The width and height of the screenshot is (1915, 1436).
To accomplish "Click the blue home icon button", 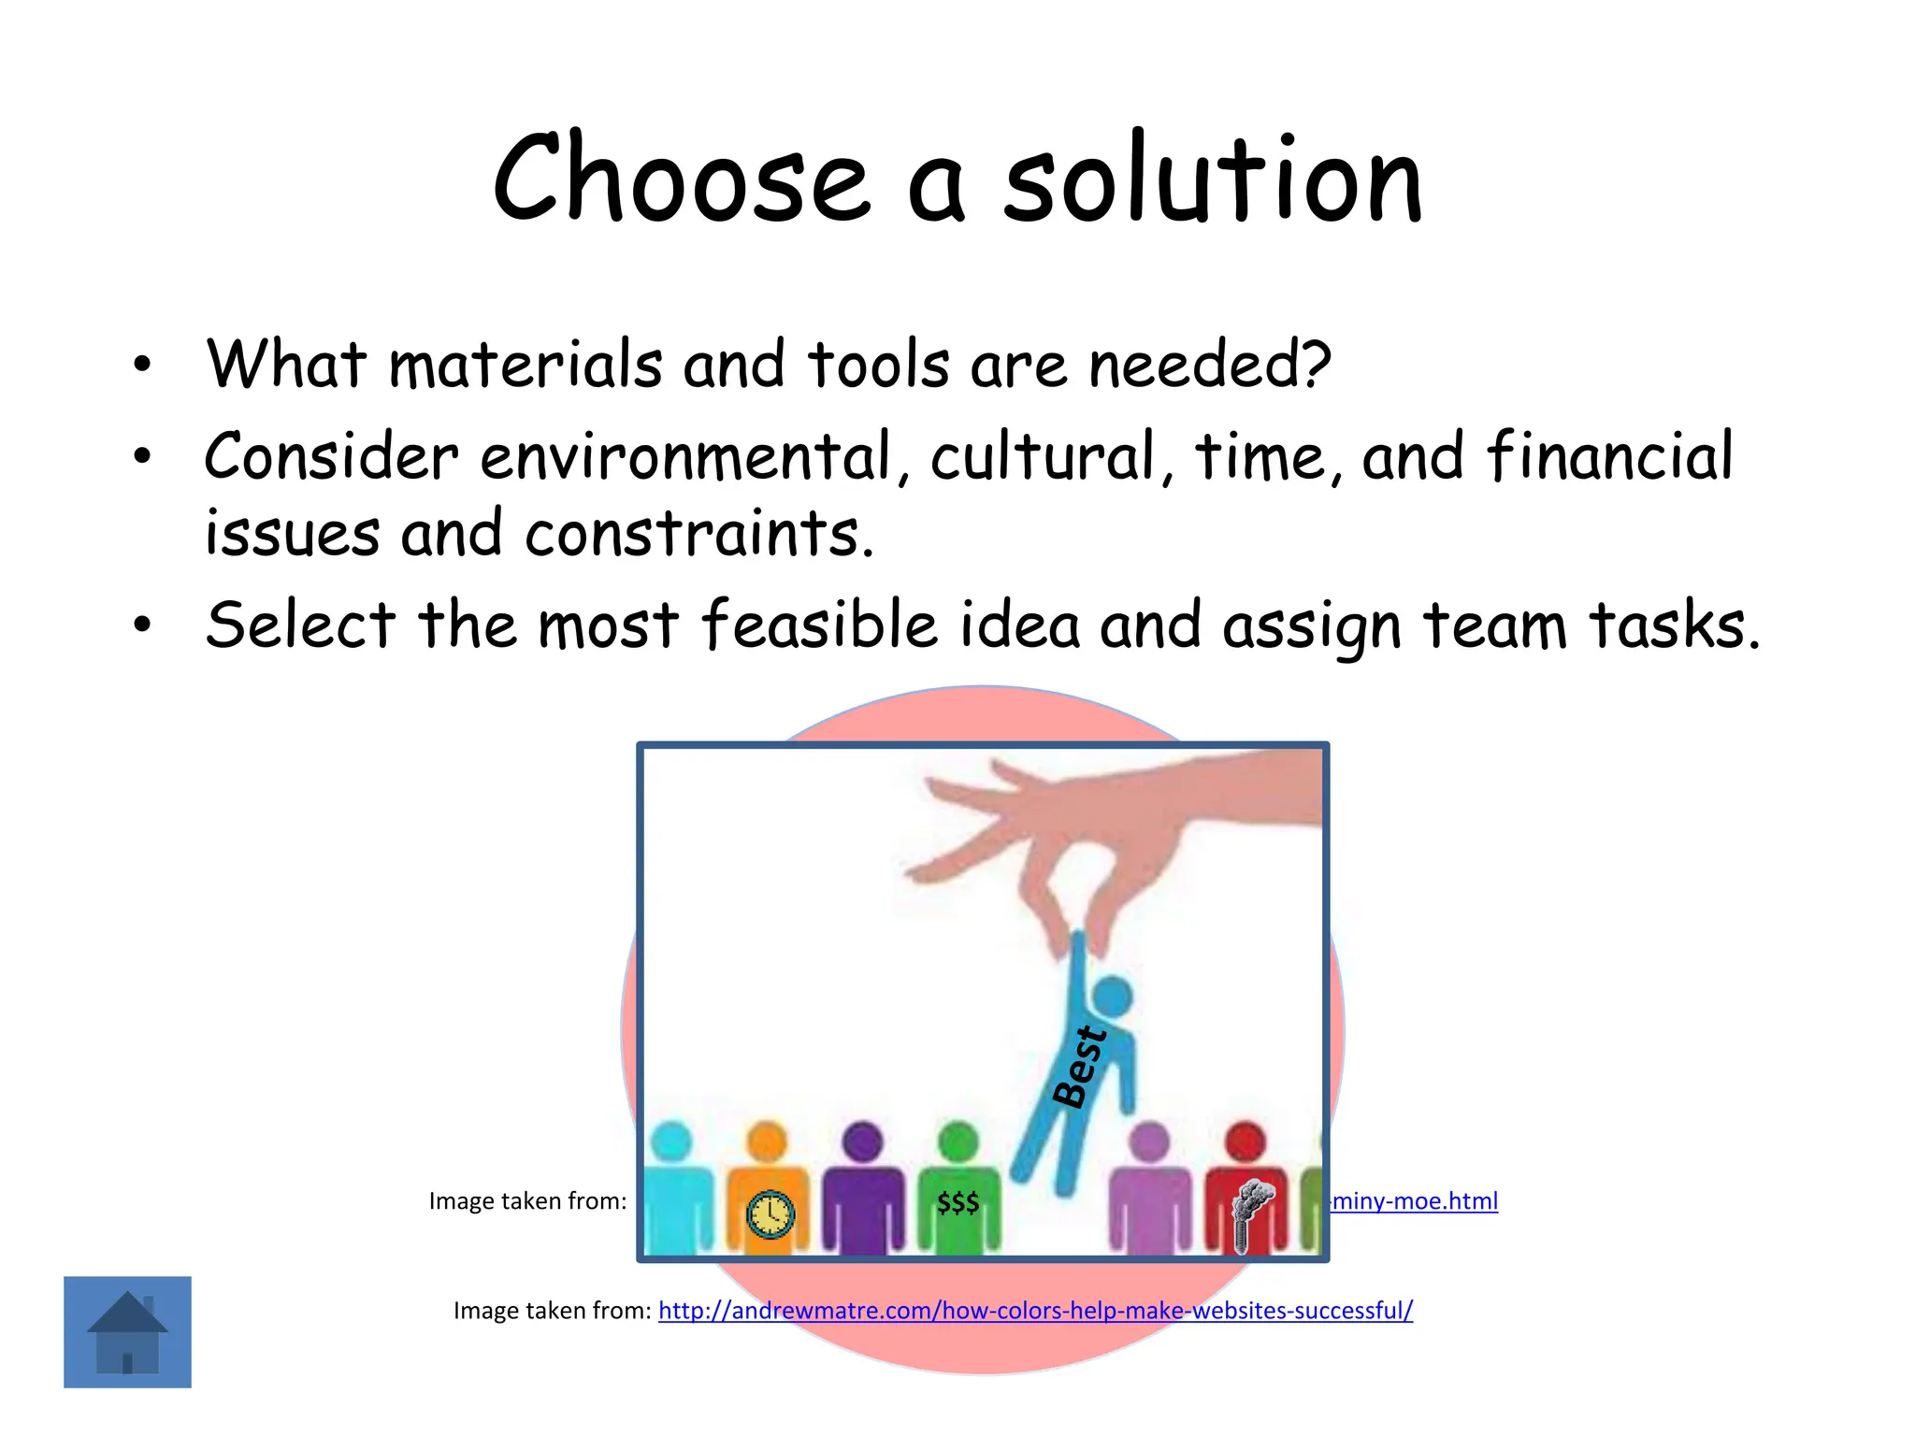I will coord(127,1331).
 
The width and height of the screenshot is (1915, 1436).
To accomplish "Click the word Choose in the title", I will coord(681,179).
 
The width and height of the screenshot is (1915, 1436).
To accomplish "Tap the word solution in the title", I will coord(1213,179).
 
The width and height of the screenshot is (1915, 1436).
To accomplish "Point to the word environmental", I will coord(688,457).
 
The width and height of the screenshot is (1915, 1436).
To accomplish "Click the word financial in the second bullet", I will coord(1609,457).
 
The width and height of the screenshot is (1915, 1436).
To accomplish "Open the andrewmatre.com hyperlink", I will coord(1035,1311).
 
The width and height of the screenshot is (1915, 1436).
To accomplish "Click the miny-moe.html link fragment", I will coord(1414,1201).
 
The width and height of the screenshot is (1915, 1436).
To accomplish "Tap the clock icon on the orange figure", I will coord(770,1214).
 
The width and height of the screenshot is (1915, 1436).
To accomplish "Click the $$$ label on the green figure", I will coord(958,1202).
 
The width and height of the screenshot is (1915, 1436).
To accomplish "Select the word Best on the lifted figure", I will coord(1080,1067).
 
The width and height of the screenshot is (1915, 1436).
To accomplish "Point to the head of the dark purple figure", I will coord(862,1142).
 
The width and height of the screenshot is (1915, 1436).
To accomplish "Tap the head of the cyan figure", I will coord(670,1142).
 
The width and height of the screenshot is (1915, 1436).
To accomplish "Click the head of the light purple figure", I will coord(1149,1142).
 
